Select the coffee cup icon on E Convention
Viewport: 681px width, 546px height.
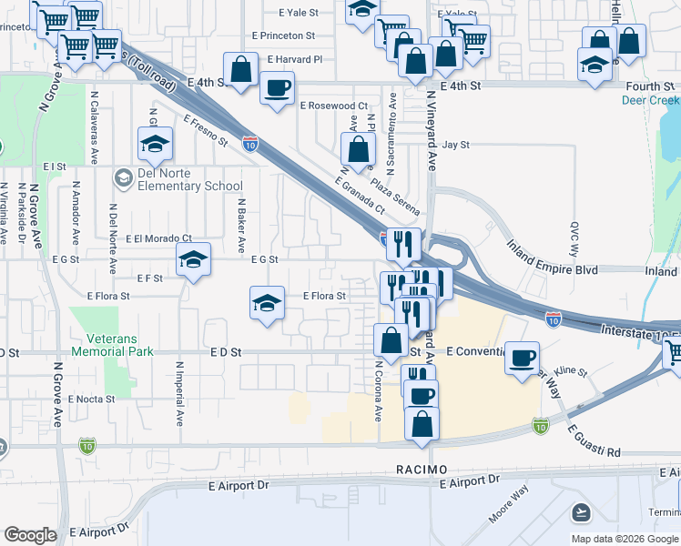click(523, 357)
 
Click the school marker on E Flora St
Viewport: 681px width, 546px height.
click(267, 302)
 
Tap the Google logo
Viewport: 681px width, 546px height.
click(31, 535)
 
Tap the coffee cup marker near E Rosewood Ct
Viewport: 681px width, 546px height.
click(277, 88)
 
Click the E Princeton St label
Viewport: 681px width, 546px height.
click(282, 36)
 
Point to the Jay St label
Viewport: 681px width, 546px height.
click(455, 145)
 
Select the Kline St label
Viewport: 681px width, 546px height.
click(571, 372)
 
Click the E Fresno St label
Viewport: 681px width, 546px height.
click(204, 130)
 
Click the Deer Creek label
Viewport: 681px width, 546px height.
click(650, 101)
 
